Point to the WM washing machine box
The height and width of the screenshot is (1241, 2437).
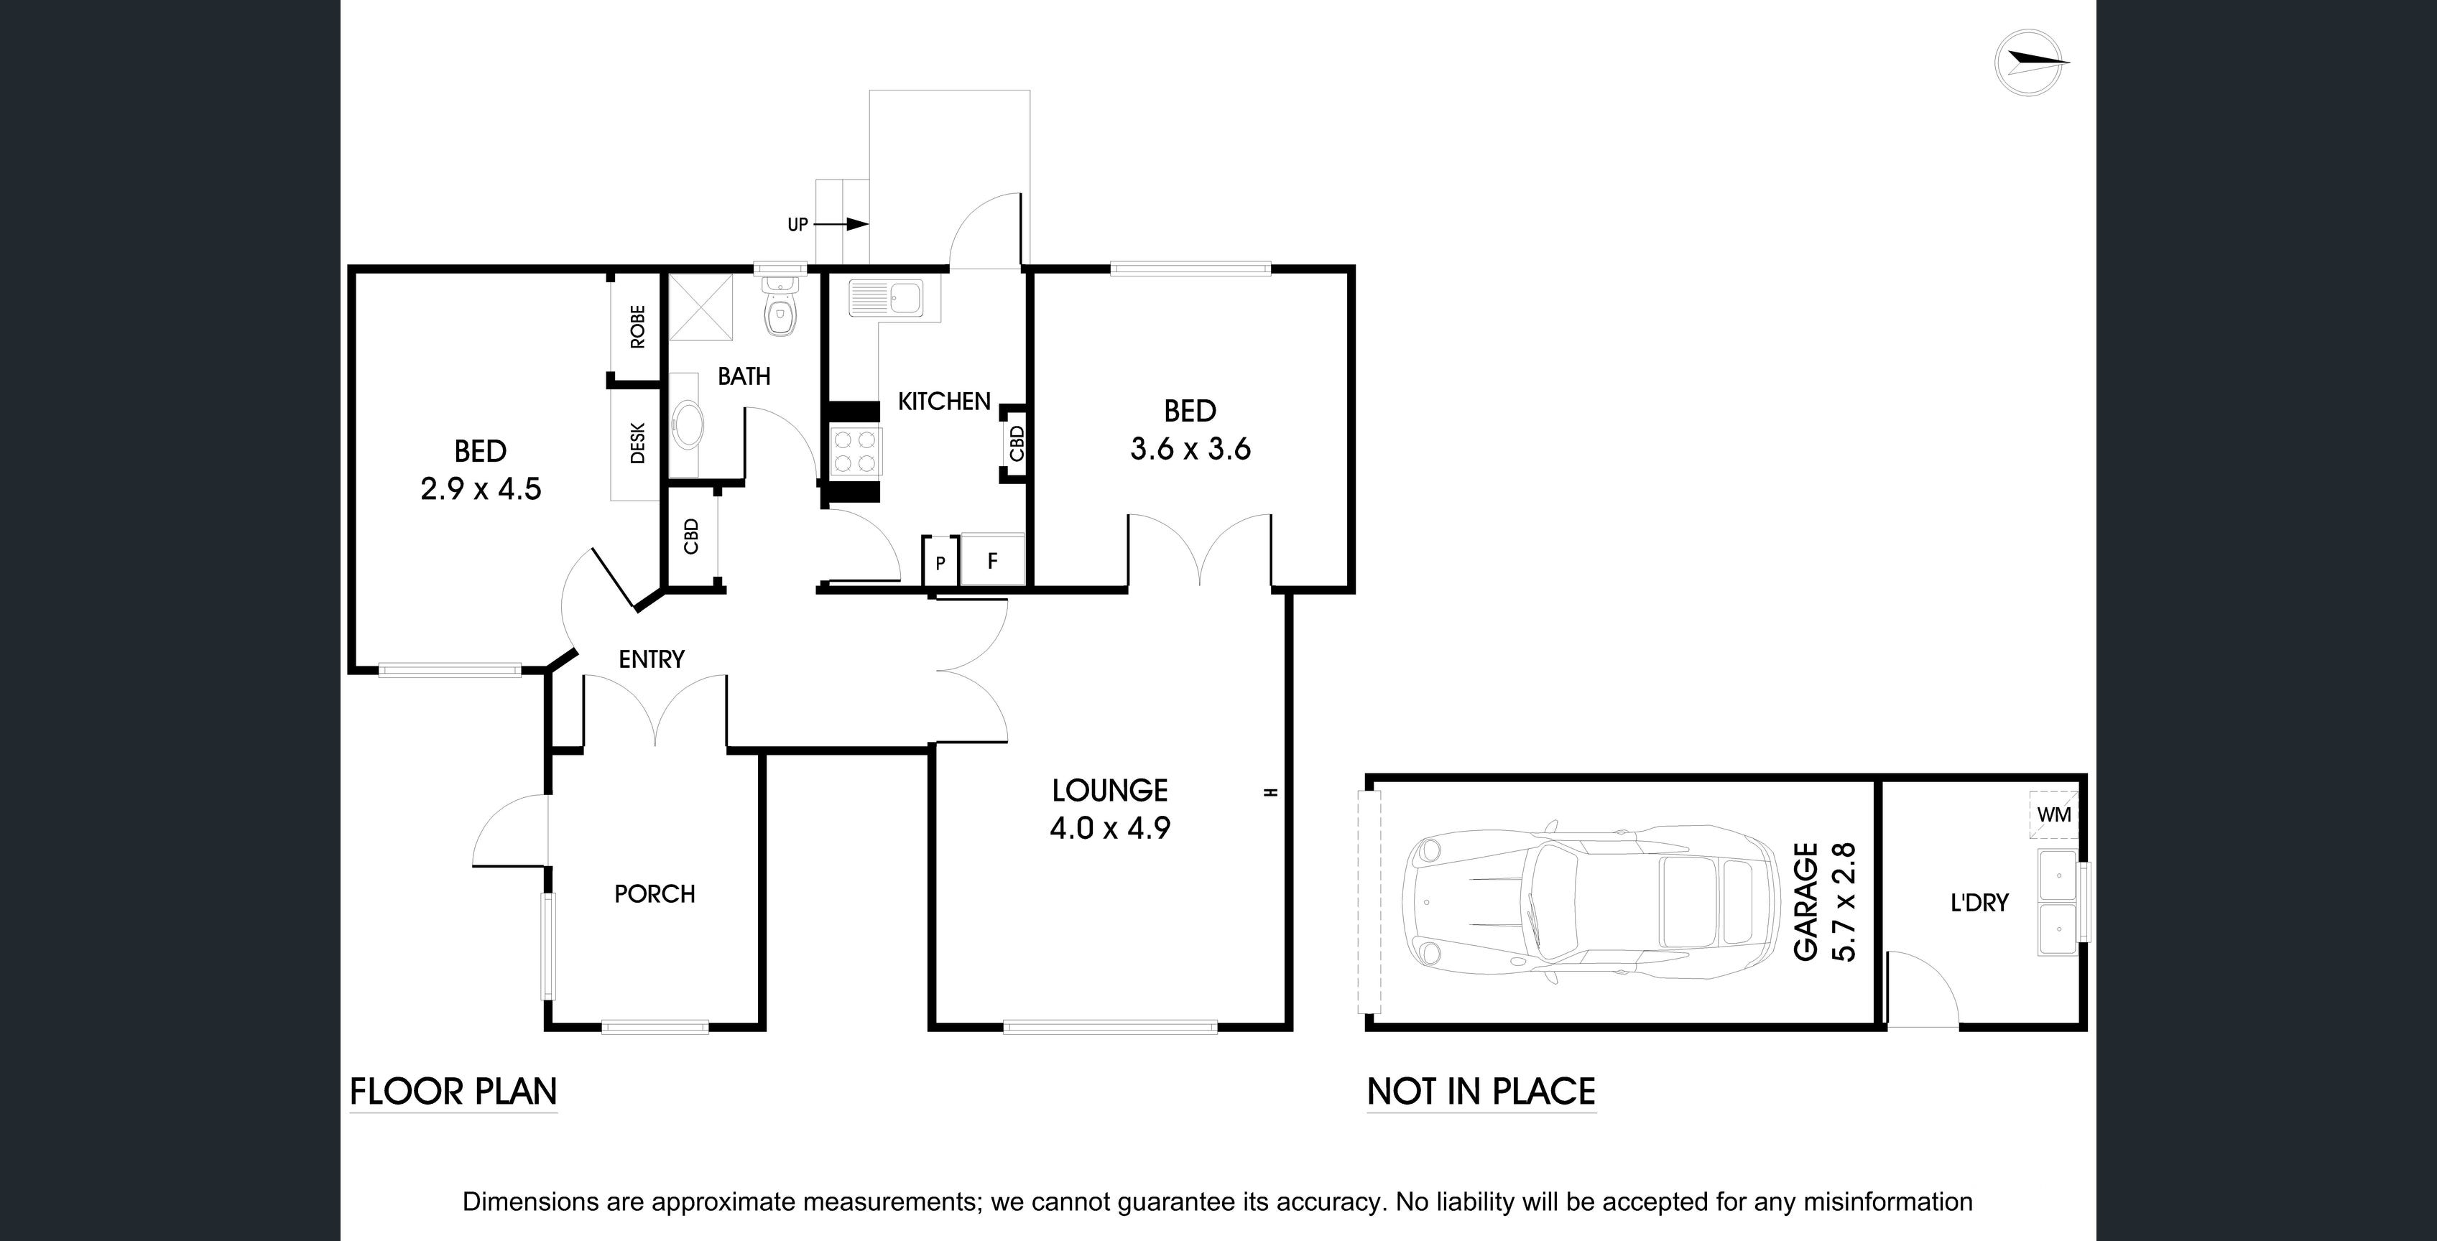click(x=2053, y=814)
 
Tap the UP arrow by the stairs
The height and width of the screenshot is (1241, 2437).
click(x=842, y=224)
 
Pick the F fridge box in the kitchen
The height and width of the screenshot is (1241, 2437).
click(x=992, y=560)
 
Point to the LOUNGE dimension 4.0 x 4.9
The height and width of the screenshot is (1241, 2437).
click(x=1110, y=829)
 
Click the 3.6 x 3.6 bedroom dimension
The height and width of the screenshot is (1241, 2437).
click(x=1190, y=448)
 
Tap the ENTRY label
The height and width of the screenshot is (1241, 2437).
click(x=651, y=659)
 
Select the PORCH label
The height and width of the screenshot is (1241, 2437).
click(x=654, y=894)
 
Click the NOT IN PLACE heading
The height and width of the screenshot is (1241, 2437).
click(x=1481, y=1092)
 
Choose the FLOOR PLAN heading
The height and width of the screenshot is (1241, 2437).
click(x=453, y=1092)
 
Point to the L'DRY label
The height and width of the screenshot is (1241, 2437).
click(x=1979, y=903)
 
